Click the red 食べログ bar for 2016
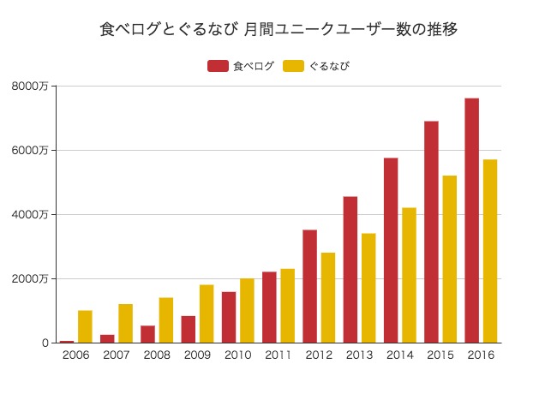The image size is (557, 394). pos(471,220)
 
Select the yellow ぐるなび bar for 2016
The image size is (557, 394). pos(490,251)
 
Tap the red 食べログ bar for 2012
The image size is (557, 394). pos(309,286)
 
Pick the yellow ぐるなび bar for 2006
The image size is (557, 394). pos(85,326)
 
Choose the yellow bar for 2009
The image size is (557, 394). pos(207,313)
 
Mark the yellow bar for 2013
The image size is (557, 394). pos(368,288)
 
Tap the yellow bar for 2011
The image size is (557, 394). pos(287,306)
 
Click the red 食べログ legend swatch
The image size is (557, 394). pos(218,66)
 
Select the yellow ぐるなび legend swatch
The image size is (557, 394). pos(294,66)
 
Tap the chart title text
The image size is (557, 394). pos(278,29)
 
